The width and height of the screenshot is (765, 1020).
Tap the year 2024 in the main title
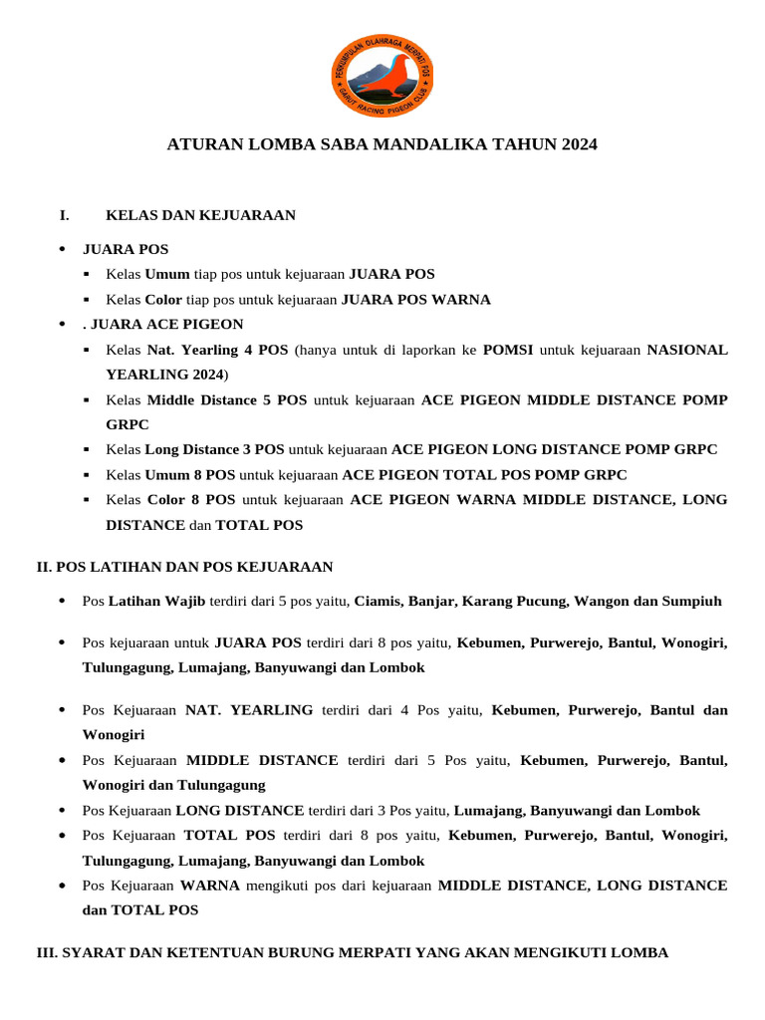pyautogui.click(x=579, y=144)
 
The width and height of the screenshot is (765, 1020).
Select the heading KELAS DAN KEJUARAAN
pyautogui.click(x=200, y=215)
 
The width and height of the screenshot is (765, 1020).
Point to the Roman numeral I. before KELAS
pyautogui.click(x=65, y=215)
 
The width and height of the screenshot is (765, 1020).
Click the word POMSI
pyautogui.click(x=508, y=350)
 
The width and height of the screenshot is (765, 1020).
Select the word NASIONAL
pyautogui.click(x=687, y=350)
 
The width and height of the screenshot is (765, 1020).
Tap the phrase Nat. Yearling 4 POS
pyautogui.click(x=217, y=350)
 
